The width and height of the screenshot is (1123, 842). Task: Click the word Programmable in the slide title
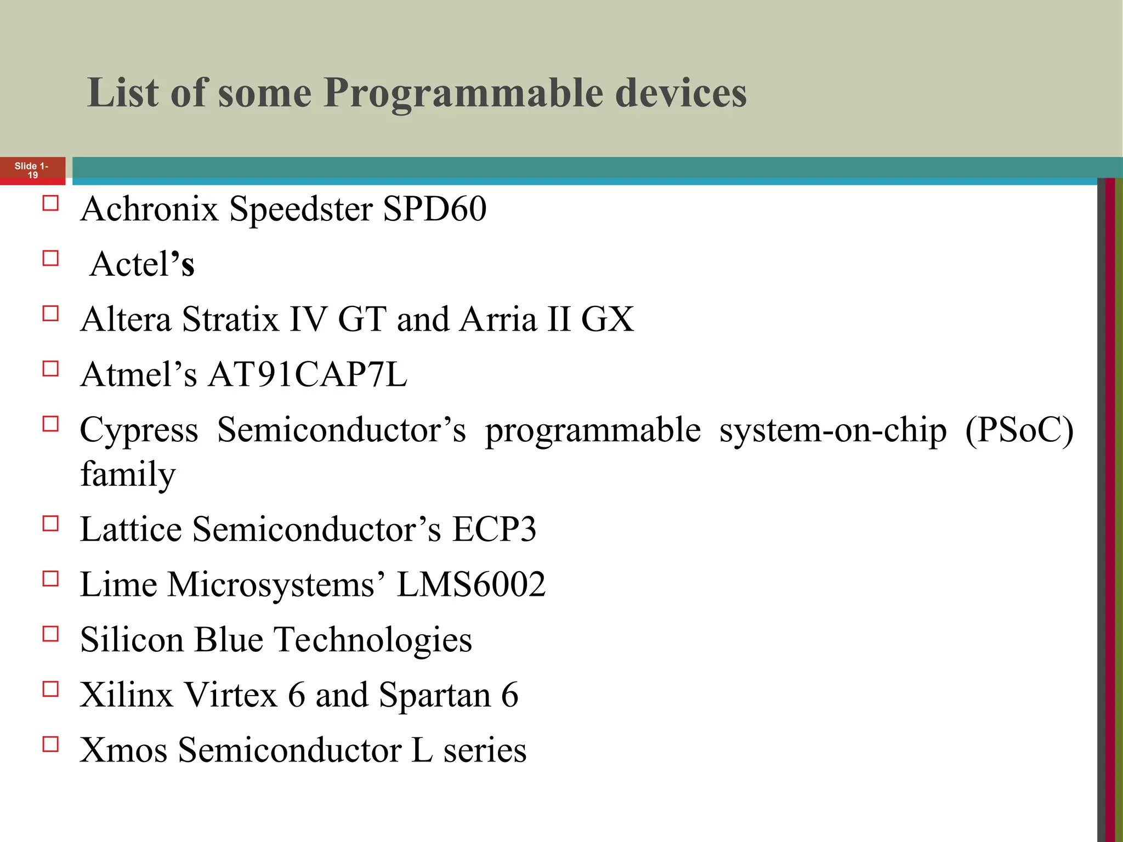[464, 93]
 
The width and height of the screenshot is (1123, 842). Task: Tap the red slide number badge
[32, 170]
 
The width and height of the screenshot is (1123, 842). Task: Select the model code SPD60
[434, 209]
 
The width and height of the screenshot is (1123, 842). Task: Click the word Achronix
[149, 209]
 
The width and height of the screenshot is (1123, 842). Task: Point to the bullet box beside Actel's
[50, 258]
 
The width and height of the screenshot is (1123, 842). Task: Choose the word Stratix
[230, 319]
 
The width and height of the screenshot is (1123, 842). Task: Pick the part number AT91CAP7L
[308, 374]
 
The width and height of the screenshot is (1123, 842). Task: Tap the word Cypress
[139, 431]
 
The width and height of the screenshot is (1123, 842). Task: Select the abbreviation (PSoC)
[1019, 430]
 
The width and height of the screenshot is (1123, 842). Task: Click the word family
[128, 474]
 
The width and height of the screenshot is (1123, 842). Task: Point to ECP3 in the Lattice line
[494, 530]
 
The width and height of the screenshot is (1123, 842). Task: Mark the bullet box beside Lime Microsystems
[50, 579]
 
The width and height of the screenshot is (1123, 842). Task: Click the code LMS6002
[471, 584]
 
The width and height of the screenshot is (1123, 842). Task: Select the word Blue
[229, 640]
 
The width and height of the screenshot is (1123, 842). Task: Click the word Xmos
[123, 750]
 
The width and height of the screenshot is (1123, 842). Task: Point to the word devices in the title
[680, 93]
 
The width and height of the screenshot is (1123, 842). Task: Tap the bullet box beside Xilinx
[50, 689]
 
